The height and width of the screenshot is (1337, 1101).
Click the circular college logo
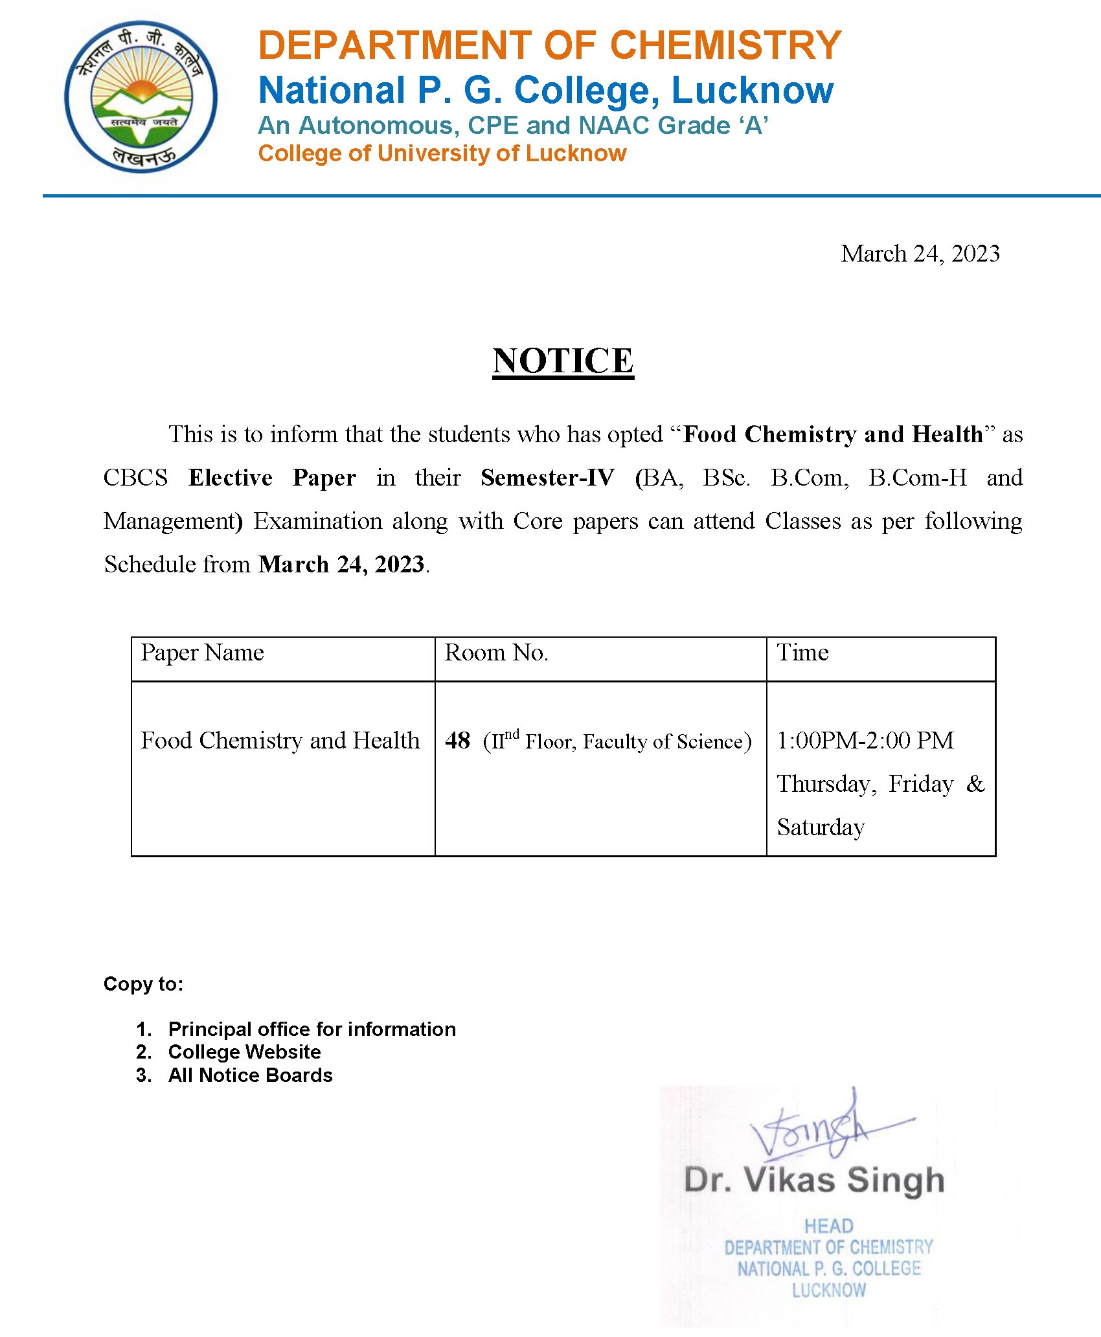(x=141, y=96)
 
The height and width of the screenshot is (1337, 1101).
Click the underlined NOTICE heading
(x=563, y=361)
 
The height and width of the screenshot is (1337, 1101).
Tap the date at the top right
(x=920, y=253)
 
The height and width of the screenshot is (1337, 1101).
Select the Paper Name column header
(x=202, y=653)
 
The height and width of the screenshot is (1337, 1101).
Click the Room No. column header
(x=496, y=653)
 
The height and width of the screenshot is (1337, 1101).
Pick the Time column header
(x=802, y=653)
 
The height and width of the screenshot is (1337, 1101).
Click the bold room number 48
(x=457, y=740)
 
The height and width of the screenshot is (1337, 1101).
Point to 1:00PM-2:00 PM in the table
(x=865, y=740)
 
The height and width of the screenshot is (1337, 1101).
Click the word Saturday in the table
(x=821, y=827)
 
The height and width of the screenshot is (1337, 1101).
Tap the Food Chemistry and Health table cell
(x=280, y=740)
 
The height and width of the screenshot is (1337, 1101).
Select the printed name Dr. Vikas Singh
(x=814, y=1180)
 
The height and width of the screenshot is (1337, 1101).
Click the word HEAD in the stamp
(x=828, y=1226)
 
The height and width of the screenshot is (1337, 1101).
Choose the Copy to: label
(x=143, y=984)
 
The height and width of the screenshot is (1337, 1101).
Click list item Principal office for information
(x=312, y=1029)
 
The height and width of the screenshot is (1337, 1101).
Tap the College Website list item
(x=244, y=1051)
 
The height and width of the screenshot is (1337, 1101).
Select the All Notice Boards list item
(x=250, y=1075)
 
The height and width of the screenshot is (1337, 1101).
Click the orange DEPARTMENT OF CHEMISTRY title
(x=549, y=45)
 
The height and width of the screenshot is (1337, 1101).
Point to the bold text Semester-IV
(x=547, y=478)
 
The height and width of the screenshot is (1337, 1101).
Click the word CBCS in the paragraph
(x=135, y=478)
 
